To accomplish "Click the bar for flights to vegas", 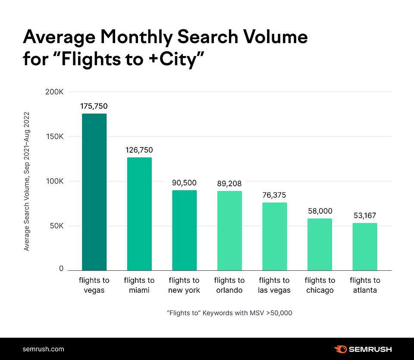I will tap(94, 192).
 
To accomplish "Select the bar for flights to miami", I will tap(139, 214).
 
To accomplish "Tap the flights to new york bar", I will tap(184, 230).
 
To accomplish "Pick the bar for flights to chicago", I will tap(320, 244).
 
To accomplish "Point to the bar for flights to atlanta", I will tap(365, 247).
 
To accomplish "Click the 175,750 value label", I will tap(94, 106).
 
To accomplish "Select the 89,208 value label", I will tap(229, 183).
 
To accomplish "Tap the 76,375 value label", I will tap(274, 195).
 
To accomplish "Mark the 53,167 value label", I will tap(365, 215).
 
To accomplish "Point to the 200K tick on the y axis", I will tap(54, 92).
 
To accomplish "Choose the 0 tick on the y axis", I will tap(61, 269).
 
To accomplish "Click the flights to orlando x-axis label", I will tap(229, 285).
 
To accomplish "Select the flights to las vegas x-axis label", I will tap(274, 285).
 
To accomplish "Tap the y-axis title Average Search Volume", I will tap(27, 181).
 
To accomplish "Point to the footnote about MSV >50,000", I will tap(229, 313).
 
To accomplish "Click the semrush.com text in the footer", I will tap(43, 349).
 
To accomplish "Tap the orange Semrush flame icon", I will tap(340, 349).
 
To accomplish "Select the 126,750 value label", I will tap(139, 150).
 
